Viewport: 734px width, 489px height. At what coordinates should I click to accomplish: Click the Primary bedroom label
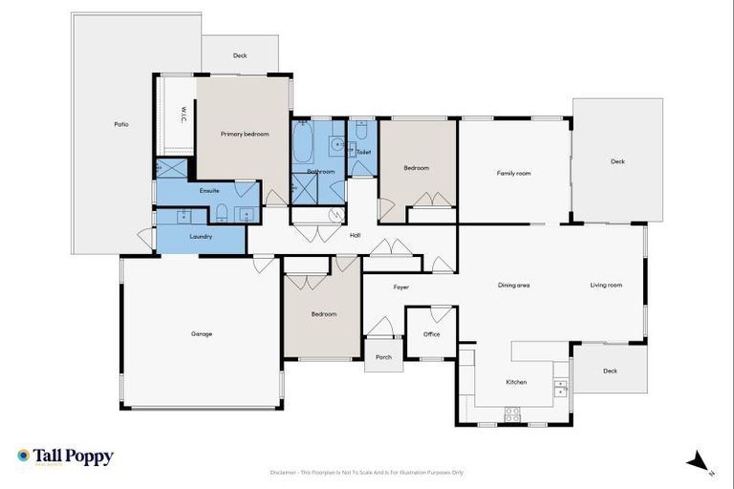[x=245, y=135]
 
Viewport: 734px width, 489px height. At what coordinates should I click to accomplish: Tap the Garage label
[x=201, y=333]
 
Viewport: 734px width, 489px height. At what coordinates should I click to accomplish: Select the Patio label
[x=121, y=124]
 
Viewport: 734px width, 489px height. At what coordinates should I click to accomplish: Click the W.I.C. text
[x=183, y=115]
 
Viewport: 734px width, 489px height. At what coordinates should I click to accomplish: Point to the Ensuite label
[x=209, y=191]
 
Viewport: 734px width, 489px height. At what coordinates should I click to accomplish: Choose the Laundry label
[x=201, y=236]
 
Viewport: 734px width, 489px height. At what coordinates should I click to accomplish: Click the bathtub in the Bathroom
[x=302, y=143]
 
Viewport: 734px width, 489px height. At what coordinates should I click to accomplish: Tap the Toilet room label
[x=363, y=152]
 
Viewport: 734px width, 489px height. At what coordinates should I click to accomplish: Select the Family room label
[x=513, y=173]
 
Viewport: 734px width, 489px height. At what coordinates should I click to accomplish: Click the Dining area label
[x=513, y=285]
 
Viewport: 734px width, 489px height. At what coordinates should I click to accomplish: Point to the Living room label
[x=606, y=285]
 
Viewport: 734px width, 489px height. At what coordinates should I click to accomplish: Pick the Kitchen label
[x=516, y=382]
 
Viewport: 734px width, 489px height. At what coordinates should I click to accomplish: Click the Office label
[x=431, y=334]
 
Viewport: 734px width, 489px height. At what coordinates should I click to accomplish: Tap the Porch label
[x=383, y=357]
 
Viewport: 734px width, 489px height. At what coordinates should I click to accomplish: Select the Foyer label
[x=400, y=287]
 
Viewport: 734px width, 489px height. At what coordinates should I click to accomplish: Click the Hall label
[x=355, y=235]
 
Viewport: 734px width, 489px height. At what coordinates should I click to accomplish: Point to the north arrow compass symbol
[x=700, y=462]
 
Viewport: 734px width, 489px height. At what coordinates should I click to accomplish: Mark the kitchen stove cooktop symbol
[x=512, y=415]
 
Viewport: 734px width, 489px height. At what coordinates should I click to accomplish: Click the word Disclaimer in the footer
[x=284, y=473]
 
